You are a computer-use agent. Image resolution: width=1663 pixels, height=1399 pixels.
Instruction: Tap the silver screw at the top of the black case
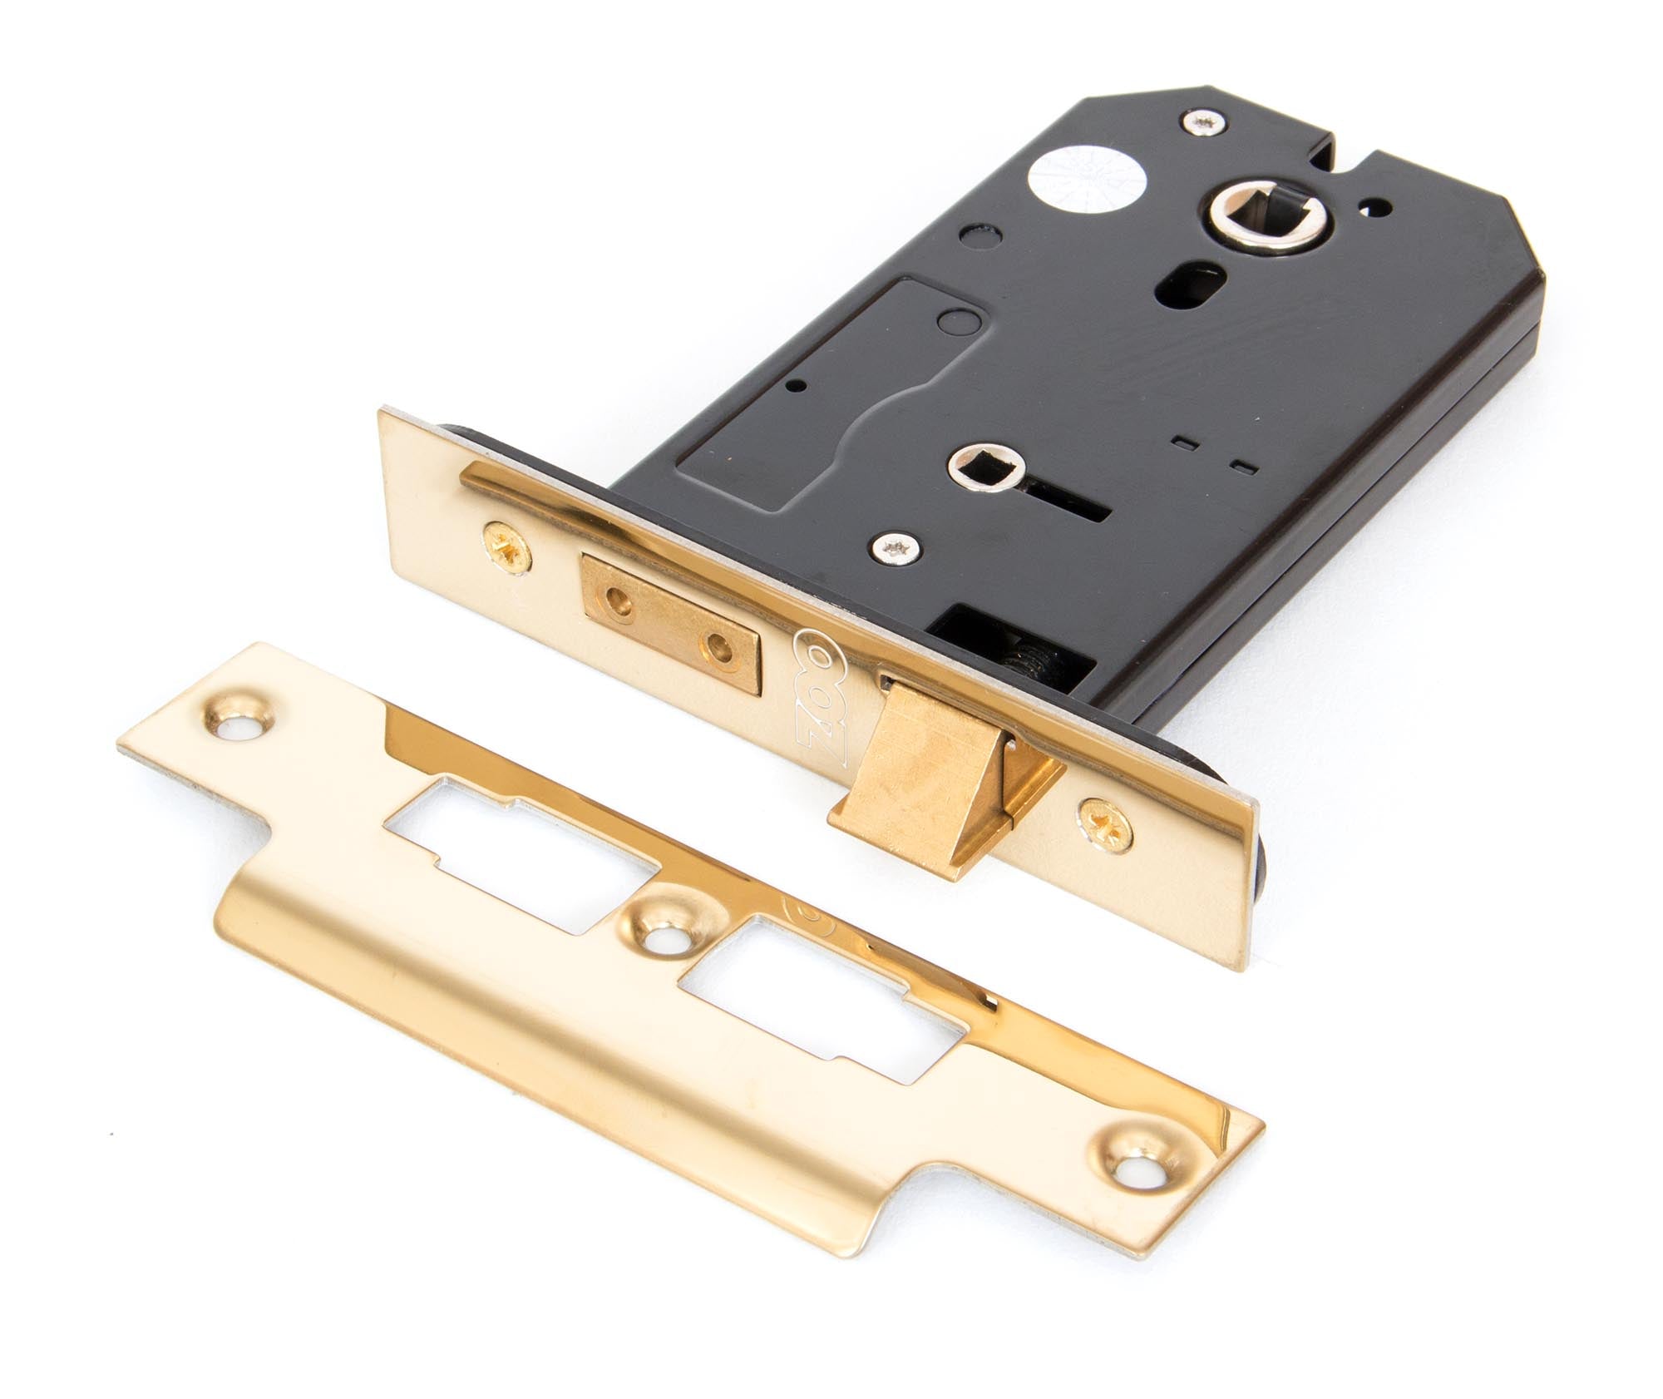point(1204,122)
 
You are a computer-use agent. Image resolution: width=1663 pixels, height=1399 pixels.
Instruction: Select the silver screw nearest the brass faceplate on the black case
point(896,546)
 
